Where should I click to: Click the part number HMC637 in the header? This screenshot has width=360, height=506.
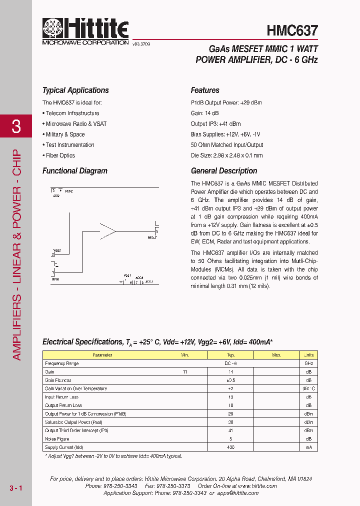(292, 30)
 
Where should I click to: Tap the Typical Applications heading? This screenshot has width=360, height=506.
(75, 90)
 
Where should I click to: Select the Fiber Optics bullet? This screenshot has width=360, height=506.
(59, 155)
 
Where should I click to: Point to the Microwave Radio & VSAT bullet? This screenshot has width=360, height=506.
(74, 124)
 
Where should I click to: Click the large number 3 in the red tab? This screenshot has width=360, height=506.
(16, 126)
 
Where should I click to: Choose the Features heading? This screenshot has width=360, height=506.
(205, 90)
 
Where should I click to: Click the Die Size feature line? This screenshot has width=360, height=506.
(226, 155)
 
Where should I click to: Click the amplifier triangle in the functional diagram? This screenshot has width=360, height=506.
(107, 230)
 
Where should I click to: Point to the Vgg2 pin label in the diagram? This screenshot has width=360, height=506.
(57, 250)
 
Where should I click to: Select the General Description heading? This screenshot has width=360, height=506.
(224, 171)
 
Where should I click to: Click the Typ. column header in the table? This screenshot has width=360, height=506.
(230, 355)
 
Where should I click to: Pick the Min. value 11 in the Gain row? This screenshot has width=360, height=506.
(185, 372)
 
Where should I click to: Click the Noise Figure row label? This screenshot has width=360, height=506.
(57, 439)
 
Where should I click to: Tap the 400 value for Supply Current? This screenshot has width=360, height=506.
(230, 447)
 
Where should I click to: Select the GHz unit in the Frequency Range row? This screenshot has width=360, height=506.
(308, 363)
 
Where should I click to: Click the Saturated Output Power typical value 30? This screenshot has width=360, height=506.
(230, 422)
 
